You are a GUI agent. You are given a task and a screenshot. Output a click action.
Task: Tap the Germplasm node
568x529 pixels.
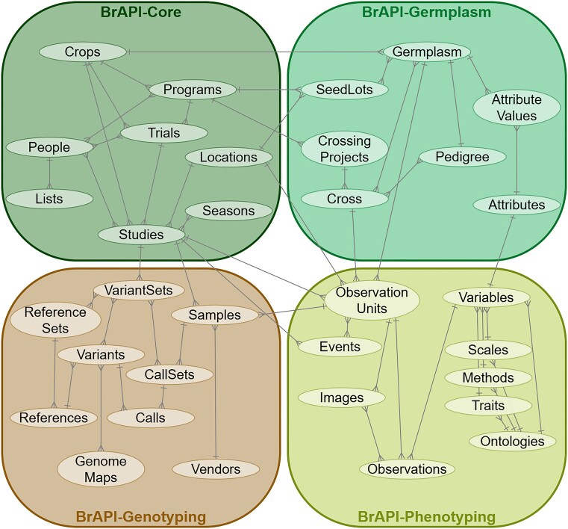[427, 52]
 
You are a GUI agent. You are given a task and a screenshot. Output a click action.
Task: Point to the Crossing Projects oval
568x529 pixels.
[344, 149]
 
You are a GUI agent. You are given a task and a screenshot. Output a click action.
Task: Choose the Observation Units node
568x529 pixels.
[372, 300]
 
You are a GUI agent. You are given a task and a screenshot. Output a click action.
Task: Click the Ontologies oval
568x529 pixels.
[513, 441]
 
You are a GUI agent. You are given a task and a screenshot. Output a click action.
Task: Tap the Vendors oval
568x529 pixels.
[216, 469]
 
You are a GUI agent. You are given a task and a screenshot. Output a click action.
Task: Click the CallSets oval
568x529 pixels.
[166, 374]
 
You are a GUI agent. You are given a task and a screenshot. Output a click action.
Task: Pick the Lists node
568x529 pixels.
[50, 199]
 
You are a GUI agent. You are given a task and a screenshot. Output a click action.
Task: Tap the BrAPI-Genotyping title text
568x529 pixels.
[141, 516]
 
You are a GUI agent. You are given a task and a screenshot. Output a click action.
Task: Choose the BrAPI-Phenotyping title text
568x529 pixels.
[426, 516]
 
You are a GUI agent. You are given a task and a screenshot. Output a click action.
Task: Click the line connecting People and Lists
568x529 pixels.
[50, 173]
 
